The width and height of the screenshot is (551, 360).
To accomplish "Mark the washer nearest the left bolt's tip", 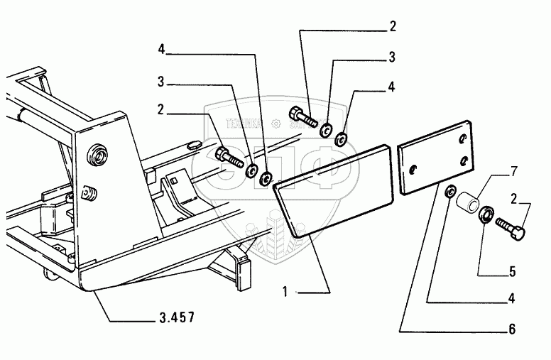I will pos(251,170).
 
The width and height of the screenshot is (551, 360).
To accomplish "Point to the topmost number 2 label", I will pos(392,28).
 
